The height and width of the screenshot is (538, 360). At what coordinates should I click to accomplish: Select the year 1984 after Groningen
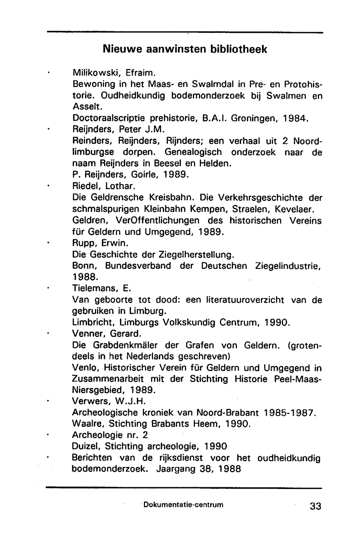pos(295,118)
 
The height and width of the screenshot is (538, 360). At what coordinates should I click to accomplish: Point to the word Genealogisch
pos(193,152)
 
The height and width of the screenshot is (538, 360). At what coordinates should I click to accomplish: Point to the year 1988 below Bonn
pos(85,277)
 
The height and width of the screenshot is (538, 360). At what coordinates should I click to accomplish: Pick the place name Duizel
pos(86,447)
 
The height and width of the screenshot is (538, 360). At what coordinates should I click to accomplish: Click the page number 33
pos(315,506)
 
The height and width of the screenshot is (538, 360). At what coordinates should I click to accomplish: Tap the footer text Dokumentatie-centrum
pos(183,505)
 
